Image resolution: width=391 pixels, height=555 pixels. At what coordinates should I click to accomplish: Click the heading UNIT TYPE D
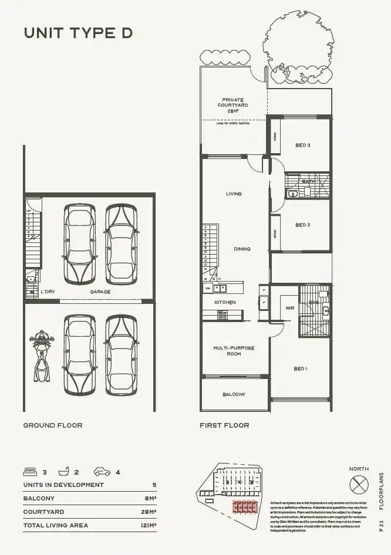click(x=78, y=33)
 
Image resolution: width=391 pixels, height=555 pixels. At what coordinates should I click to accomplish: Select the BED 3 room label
click(x=302, y=145)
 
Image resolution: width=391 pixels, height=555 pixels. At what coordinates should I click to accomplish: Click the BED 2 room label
click(x=302, y=225)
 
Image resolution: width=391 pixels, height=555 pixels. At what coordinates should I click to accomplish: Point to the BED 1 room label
click(x=300, y=368)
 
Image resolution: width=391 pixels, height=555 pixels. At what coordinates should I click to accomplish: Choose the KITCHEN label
click(x=225, y=302)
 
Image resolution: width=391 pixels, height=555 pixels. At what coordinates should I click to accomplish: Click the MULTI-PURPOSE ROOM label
click(x=234, y=351)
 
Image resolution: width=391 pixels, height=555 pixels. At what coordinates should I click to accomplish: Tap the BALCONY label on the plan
click(x=234, y=394)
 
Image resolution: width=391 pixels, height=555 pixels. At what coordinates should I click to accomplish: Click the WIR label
click(x=289, y=307)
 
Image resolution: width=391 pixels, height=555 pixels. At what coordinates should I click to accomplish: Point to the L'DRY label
click(x=48, y=292)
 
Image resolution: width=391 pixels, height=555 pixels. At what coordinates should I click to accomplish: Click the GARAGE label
click(x=100, y=292)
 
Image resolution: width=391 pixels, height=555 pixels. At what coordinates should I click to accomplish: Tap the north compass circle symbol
click(x=358, y=485)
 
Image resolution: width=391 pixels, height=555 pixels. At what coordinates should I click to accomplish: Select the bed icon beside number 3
click(x=30, y=472)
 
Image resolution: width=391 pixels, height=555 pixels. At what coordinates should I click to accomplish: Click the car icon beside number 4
click(x=102, y=472)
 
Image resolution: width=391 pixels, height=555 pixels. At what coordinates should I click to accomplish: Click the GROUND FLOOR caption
click(x=53, y=425)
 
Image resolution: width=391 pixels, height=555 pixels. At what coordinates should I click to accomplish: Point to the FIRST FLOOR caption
click(x=224, y=425)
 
